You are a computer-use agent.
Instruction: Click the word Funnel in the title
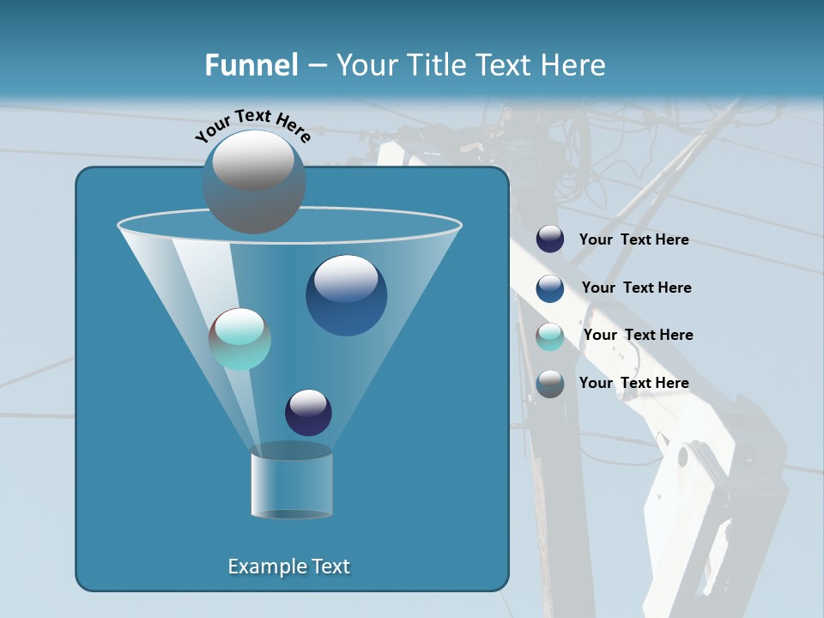251,65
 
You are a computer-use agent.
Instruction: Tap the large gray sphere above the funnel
253,182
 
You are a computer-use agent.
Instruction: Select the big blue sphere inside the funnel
346,295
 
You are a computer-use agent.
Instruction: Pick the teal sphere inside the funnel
240,339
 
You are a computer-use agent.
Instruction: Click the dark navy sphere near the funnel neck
308,413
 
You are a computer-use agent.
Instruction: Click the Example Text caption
289,566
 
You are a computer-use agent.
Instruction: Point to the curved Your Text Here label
252,125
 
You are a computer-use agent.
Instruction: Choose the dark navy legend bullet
550,239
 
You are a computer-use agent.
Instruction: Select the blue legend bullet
550,288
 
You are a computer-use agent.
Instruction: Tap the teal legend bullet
550,336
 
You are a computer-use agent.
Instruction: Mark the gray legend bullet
550,384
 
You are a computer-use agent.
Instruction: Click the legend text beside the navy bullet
633,240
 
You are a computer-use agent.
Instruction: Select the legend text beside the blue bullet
636,288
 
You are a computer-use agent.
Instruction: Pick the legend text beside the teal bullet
638,335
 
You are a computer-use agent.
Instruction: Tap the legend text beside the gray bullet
633,383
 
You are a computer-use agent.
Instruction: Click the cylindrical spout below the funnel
291,485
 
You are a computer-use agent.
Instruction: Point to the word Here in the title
573,65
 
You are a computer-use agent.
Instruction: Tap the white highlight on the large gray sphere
252,158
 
